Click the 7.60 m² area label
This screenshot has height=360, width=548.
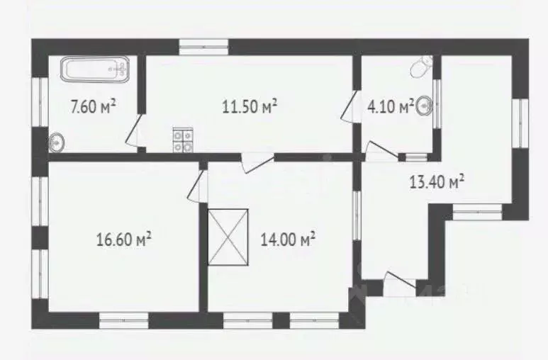(x=93, y=106)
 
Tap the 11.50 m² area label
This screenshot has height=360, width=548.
(x=250, y=106)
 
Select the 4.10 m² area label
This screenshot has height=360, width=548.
(x=391, y=106)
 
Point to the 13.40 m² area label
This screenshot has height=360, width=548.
(x=437, y=181)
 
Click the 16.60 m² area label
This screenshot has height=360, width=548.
(x=124, y=240)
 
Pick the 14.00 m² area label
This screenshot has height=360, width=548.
(x=289, y=240)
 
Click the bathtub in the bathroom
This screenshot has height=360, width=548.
(x=95, y=69)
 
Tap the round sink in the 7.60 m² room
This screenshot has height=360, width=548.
(x=57, y=142)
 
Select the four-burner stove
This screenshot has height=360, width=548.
(x=183, y=140)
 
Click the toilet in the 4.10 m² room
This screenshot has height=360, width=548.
(x=421, y=67)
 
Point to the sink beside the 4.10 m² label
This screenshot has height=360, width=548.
(x=424, y=105)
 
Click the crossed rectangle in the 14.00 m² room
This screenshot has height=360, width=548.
(x=228, y=237)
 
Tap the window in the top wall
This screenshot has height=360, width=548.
(x=203, y=47)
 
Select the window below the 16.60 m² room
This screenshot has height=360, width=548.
(x=124, y=320)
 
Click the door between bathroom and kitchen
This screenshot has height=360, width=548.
(x=134, y=130)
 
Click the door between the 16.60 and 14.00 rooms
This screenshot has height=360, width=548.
(x=197, y=186)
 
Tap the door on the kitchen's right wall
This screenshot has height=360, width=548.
(x=350, y=107)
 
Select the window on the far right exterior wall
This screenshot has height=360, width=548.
(x=521, y=123)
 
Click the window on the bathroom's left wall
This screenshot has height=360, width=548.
(x=40, y=102)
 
